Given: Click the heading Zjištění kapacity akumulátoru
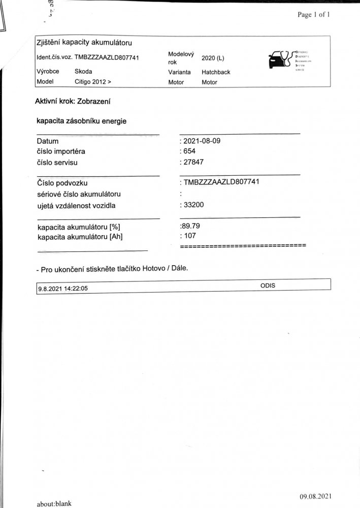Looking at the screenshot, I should click(x=85, y=42).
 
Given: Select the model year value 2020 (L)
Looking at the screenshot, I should click(x=213, y=58).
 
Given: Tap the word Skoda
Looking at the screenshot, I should click(x=83, y=72).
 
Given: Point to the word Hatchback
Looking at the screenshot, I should click(x=216, y=72).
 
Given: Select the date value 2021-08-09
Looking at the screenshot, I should click(x=202, y=141).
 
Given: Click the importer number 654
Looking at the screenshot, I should click(x=190, y=151).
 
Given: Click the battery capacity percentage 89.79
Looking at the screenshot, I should click(x=192, y=226).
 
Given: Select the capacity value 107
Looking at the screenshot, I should click(x=190, y=236).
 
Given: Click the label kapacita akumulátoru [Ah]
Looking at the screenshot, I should click(x=80, y=236).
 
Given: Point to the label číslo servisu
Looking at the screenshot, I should click(x=59, y=163).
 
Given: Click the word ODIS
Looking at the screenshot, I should click(x=268, y=285).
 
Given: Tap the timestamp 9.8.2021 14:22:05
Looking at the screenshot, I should click(x=63, y=289).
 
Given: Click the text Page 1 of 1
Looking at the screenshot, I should click(x=314, y=15).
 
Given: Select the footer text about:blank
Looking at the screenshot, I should click(x=54, y=503).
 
